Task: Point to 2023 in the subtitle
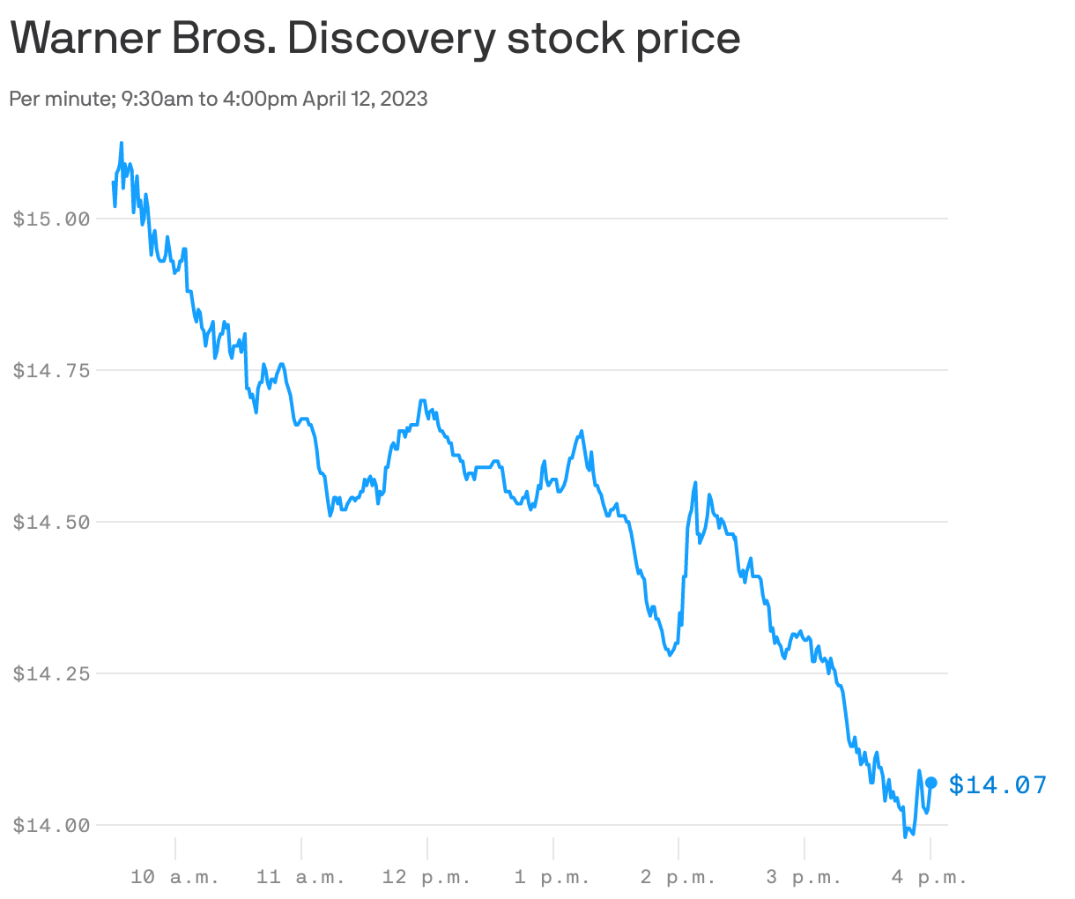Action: [404, 99]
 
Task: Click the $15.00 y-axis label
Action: [52, 219]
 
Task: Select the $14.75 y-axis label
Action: [52, 371]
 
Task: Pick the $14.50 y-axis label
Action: [52, 523]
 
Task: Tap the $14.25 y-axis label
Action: [52, 674]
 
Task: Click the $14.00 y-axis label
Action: [52, 826]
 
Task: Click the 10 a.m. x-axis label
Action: [174, 877]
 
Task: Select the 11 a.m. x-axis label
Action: [300, 877]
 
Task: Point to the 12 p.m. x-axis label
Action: [426, 877]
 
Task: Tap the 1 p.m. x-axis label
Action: [552, 877]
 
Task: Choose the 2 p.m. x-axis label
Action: [678, 877]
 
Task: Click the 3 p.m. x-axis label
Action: [804, 877]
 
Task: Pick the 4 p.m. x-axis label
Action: [930, 877]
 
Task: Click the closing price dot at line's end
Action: [930, 783]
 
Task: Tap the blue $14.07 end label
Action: [997, 784]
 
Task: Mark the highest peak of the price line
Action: [121, 143]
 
